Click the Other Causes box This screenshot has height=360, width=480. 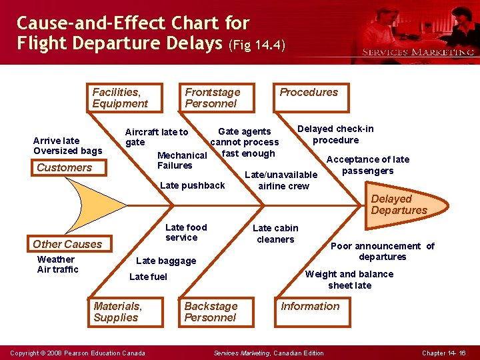pos(67,244)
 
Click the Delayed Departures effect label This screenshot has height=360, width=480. pos(399,204)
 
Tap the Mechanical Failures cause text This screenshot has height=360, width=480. pos(181,161)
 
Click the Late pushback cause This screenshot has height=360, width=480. pos(193,185)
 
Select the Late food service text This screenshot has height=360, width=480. pos(186,233)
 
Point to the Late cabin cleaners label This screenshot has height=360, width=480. pos(275,233)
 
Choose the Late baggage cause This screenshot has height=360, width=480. pos(166,261)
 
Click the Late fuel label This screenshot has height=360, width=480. pos(148,277)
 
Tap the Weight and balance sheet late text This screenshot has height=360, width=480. pos(349,279)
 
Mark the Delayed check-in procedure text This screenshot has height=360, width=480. pos(335,134)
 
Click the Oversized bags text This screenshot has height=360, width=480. pos(68,151)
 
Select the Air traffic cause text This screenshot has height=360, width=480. pos(58,269)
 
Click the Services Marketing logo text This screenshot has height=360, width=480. pos(418,52)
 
